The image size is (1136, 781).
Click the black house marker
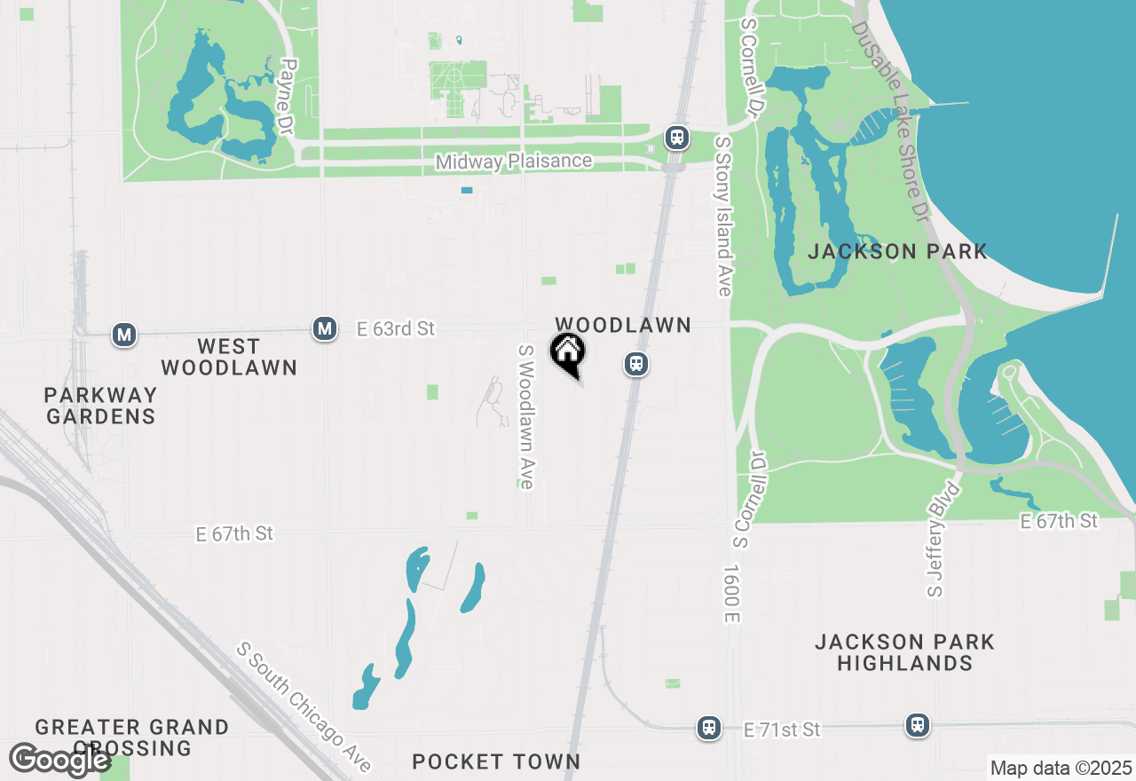click(x=568, y=353)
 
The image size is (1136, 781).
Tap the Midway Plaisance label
click(x=514, y=162)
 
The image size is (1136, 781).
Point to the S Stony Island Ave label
click(x=724, y=217)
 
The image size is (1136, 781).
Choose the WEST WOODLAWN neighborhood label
click(x=229, y=357)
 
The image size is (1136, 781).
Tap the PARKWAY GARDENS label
click(x=100, y=406)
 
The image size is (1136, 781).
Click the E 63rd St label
click(x=395, y=329)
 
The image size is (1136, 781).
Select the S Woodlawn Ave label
click(x=526, y=416)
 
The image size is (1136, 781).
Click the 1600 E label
click(x=731, y=593)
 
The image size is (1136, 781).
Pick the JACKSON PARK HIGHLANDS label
click(x=904, y=652)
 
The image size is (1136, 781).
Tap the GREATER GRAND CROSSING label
click(x=132, y=738)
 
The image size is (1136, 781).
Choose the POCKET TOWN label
click(x=496, y=761)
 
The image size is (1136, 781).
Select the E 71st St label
click(x=782, y=730)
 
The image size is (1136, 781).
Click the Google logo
click(x=59, y=760)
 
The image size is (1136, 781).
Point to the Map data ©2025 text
click(x=1060, y=768)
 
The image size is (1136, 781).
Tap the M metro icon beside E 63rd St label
click(x=325, y=329)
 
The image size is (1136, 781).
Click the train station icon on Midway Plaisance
click(x=677, y=138)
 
